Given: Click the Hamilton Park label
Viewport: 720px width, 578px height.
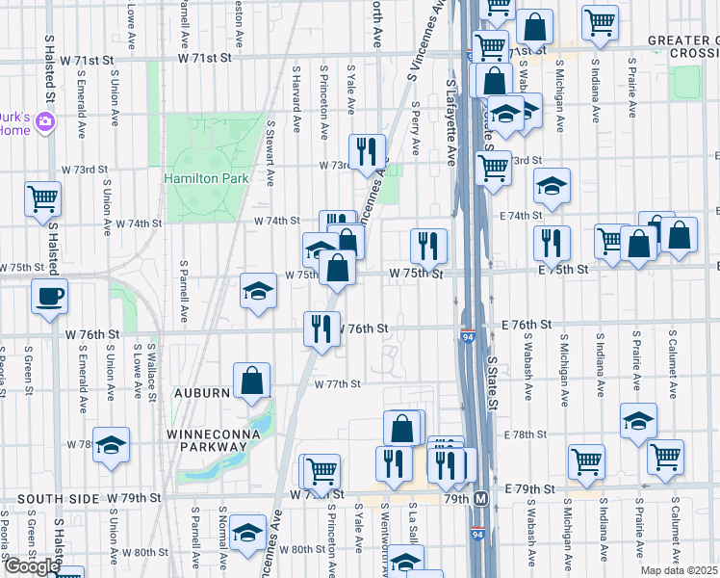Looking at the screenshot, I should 206,178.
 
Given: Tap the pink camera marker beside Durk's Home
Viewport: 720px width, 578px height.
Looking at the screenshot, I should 45,122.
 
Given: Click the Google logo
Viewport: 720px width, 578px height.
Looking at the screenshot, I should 32,566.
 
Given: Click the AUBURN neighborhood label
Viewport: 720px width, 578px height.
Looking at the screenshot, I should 201,393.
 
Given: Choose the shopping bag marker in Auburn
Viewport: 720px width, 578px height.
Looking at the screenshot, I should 251,380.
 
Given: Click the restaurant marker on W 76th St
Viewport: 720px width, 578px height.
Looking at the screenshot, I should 321,328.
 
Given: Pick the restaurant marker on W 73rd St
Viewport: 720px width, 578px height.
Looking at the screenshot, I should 366,152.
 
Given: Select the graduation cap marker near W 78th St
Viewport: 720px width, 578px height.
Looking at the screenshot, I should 111,444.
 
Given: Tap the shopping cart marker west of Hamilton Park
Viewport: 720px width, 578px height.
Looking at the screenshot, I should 43,199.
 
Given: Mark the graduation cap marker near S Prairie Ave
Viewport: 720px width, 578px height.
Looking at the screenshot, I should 637,421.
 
